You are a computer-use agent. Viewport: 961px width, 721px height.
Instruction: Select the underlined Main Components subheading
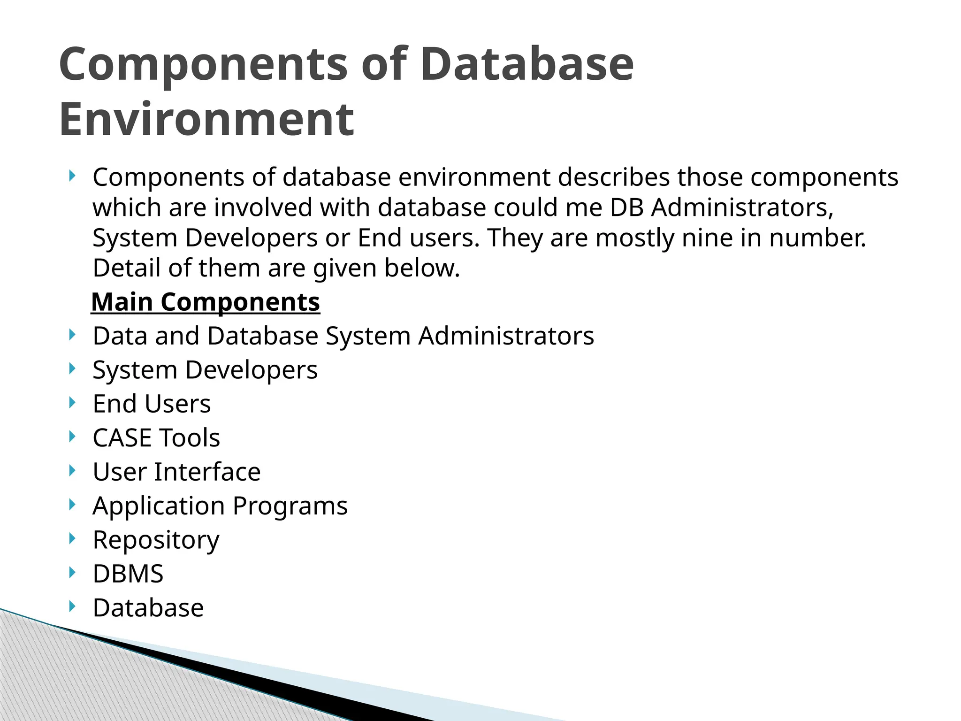coord(206,302)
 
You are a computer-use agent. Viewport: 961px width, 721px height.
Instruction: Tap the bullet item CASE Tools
coord(156,438)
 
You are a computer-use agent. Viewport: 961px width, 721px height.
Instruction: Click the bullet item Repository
coord(156,540)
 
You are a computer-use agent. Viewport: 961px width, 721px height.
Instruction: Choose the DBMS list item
coord(128,574)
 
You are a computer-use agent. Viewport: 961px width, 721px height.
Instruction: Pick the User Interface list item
coord(176,472)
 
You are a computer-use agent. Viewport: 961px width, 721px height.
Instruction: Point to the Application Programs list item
coord(220,506)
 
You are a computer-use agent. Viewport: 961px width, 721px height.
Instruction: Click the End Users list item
coord(152,404)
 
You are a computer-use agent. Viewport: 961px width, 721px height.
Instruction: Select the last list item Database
coord(148,608)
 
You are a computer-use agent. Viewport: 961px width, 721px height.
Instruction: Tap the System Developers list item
coord(205,370)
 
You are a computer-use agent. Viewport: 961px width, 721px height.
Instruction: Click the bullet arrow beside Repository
coord(71,538)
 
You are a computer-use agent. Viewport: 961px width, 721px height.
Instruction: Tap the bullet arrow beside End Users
coord(71,402)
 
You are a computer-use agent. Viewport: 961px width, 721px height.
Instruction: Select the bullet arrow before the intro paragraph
coord(71,176)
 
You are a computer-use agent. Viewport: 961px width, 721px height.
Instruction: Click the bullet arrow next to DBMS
coord(71,572)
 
